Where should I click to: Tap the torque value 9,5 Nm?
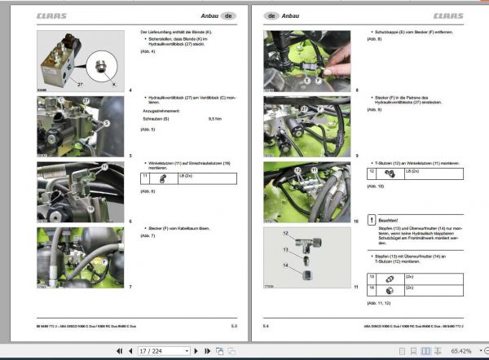215,120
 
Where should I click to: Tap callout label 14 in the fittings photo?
284,266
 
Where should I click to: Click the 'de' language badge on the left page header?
229,15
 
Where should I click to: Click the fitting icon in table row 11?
163,177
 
